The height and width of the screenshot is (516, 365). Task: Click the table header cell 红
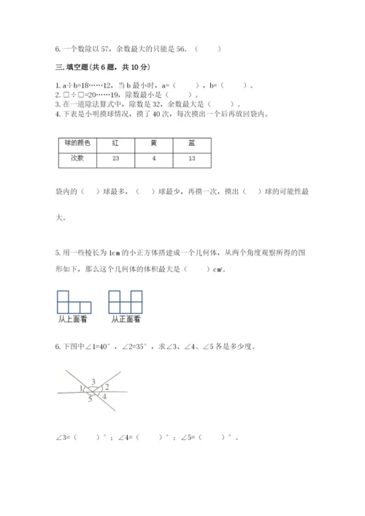click(x=115, y=145)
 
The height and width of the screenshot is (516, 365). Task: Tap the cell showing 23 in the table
click(x=115, y=158)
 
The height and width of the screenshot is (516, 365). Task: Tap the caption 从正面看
click(x=124, y=319)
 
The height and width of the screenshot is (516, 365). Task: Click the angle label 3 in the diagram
click(x=93, y=382)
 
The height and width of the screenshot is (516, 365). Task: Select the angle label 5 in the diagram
click(x=90, y=398)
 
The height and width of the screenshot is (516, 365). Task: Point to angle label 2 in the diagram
click(x=106, y=388)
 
